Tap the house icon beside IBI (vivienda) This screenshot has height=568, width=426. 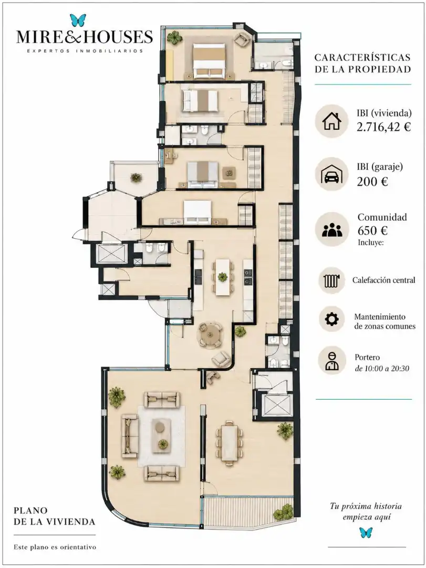pos(331,121)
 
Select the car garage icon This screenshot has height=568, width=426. pos(332,175)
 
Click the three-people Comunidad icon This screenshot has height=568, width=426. pos(332,230)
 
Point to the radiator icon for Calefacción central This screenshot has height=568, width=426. pos(331,280)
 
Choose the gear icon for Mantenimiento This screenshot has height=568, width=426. pos(331,319)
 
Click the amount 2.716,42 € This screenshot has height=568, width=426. pos(383,127)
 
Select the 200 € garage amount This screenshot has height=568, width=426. pos(372,181)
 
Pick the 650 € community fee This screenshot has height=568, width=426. pos(372,230)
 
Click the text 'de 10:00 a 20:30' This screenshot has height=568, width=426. pos(381,368)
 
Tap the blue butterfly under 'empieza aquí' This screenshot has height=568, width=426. pos(366,532)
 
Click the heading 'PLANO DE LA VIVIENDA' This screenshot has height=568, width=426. pos(54,516)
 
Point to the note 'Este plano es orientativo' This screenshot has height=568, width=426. pos(55,547)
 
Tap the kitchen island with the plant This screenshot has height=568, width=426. pos(222,277)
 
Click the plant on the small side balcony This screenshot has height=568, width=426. pos(136,178)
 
